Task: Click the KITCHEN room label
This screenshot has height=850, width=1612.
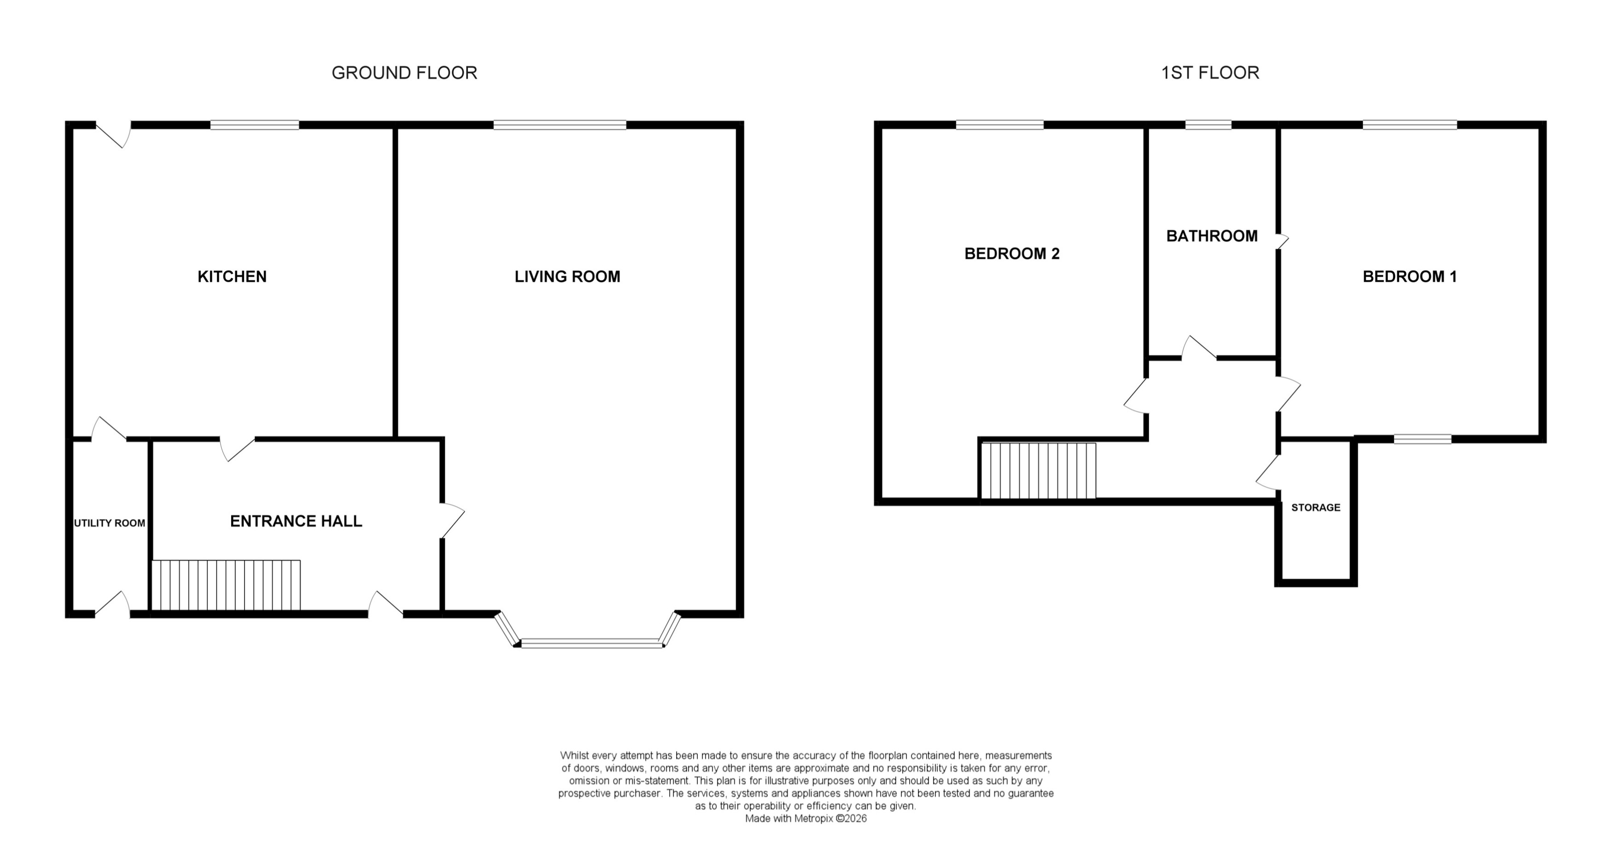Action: [x=232, y=277]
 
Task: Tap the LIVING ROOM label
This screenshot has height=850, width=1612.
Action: [x=567, y=277]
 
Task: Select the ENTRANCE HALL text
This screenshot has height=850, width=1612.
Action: [x=296, y=522]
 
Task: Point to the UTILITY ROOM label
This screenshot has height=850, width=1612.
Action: [x=110, y=523]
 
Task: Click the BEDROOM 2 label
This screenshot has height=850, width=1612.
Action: [x=1012, y=253]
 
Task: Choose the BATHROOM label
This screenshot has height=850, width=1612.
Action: [x=1211, y=236]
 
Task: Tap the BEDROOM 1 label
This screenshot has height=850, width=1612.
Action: [x=1409, y=277]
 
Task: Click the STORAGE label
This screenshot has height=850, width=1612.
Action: [x=1315, y=508]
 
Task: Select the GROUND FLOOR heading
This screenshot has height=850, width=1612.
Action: [x=404, y=73]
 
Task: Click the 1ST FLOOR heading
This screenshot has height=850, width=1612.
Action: [x=1209, y=73]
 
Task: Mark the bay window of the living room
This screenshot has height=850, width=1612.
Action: [x=591, y=642]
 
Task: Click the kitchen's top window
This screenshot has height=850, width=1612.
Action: [x=255, y=125]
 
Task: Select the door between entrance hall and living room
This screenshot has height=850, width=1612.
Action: [x=452, y=521]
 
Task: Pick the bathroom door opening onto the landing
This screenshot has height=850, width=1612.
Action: [x=1199, y=349]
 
